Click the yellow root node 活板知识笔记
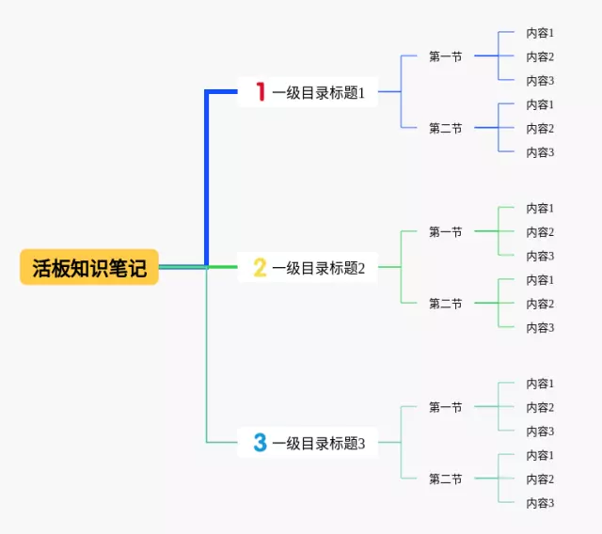pyautogui.click(x=89, y=268)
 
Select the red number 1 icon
pyautogui.click(x=261, y=92)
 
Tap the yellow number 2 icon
pyautogui.click(x=261, y=268)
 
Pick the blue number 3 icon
pyautogui.click(x=261, y=443)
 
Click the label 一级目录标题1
pyautogui.click(x=318, y=92)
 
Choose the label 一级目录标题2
pyautogui.click(x=318, y=268)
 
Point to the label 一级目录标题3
pyautogui.click(x=318, y=443)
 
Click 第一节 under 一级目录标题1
pyautogui.click(x=445, y=56)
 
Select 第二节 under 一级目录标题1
pyautogui.click(x=445, y=128)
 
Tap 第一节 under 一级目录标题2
pyautogui.click(x=445, y=231)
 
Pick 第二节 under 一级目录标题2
pyautogui.click(x=445, y=304)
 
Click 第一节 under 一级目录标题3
pyautogui.click(x=445, y=407)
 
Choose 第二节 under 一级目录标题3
pyautogui.click(x=445, y=479)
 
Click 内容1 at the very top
pyautogui.click(x=540, y=33)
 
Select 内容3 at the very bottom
pyautogui.click(x=540, y=503)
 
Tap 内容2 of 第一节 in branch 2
pyautogui.click(x=540, y=232)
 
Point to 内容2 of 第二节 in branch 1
pyautogui.click(x=540, y=129)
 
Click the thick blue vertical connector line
pyautogui.click(x=207, y=179)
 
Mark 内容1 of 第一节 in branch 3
pyautogui.click(x=540, y=384)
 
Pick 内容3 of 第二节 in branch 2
pyautogui.click(x=540, y=328)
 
